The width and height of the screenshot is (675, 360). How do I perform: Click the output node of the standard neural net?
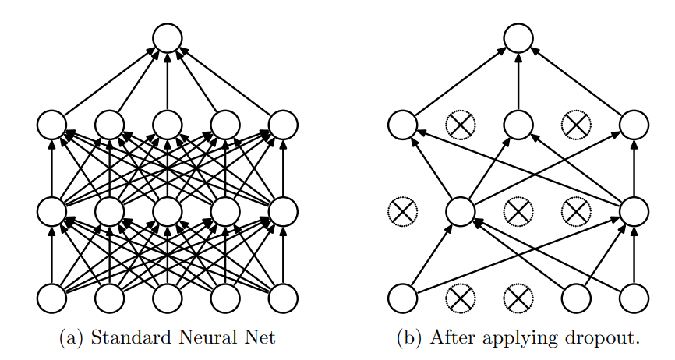click(168, 37)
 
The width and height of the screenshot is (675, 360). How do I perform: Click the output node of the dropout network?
click(518, 37)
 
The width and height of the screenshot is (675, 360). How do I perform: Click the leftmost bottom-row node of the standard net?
click(52, 297)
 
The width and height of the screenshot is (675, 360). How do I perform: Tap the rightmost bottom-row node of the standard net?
click(283, 297)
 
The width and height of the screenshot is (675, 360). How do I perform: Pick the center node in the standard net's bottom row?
click(168, 297)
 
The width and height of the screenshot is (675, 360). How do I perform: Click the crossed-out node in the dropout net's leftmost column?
click(403, 210)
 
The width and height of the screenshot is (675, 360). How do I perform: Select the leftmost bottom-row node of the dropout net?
click(403, 297)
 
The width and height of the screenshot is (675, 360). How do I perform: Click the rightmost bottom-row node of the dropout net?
click(634, 297)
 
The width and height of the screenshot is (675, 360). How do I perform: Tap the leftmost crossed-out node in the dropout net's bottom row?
click(461, 297)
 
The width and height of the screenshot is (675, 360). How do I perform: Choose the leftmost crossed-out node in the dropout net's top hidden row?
click(461, 124)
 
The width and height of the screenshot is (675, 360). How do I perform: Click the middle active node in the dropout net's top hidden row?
click(518, 124)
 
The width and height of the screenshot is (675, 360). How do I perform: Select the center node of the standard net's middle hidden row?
click(168, 210)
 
